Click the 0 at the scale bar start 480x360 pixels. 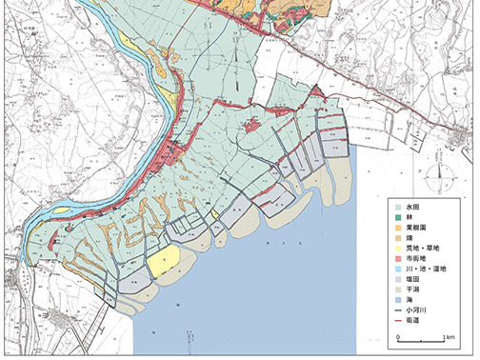(391, 337)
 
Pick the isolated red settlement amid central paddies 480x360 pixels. (254, 125)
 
